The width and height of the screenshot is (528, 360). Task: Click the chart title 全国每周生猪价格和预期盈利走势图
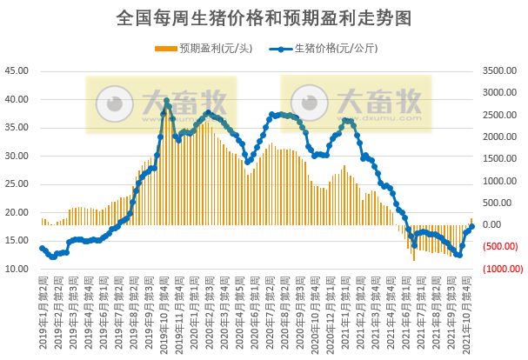click(x=264, y=17)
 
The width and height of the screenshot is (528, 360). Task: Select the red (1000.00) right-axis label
click(x=496, y=270)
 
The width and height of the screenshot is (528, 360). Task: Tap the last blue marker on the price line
click(x=472, y=226)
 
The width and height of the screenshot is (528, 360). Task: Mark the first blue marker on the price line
click(x=42, y=249)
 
